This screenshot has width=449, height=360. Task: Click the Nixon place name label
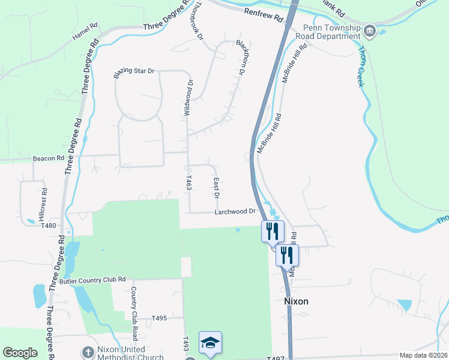295,301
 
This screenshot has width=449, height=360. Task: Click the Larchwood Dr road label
236,212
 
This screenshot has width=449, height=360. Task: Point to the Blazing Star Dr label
134,73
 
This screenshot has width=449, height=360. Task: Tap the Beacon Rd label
49,158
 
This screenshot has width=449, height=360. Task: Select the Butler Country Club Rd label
92,280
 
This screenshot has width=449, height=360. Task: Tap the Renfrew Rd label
264,15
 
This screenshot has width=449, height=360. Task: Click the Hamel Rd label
85,32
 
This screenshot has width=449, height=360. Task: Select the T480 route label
49,226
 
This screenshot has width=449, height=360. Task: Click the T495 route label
159,318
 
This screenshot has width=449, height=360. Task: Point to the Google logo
20,353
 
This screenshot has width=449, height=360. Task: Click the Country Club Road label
134,305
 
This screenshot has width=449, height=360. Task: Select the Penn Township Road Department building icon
370,31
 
